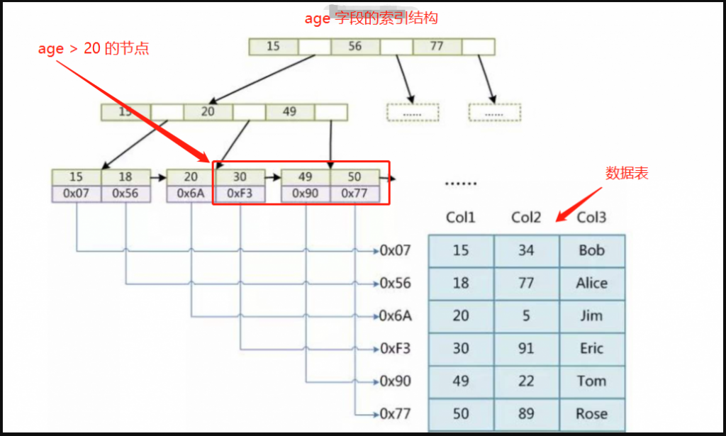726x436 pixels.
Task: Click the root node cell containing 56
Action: tap(355, 47)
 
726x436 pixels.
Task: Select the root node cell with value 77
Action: tap(437, 47)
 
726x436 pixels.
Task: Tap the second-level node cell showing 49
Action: tap(289, 112)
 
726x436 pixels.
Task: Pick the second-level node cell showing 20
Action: tap(208, 112)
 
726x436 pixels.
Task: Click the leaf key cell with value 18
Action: tap(125, 177)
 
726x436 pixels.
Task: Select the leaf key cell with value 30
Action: tap(240, 177)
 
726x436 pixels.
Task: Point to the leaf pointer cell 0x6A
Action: tap(191, 193)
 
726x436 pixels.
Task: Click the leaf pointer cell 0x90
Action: tap(306, 193)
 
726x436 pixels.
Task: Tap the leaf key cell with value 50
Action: tap(354, 177)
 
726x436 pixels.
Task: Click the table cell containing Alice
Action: tap(591, 284)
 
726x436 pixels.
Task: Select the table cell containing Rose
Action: tap(591, 414)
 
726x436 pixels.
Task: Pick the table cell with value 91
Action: tap(526, 349)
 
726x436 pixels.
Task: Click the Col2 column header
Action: tap(526, 218)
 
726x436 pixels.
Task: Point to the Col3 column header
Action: tap(591, 218)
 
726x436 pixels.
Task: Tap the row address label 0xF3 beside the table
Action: tap(396, 349)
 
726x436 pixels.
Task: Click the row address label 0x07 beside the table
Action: tap(396, 250)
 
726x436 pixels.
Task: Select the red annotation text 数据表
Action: tap(627, 173)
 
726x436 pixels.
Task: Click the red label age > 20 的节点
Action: tap(93, 49)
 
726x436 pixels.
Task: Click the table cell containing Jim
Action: tap(591, 316)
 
